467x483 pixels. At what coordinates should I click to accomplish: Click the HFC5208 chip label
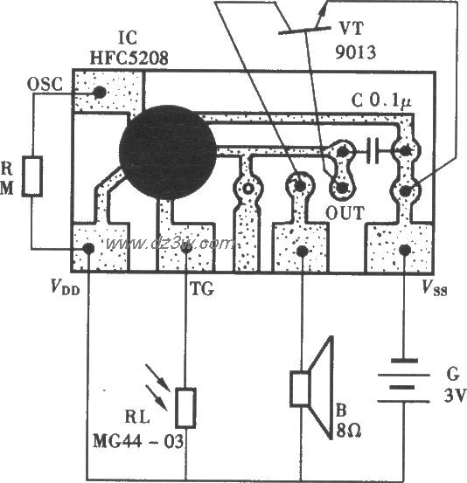point(129,58)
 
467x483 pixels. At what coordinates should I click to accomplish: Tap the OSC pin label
point(45,84)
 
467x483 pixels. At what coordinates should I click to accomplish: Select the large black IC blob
point(168,152)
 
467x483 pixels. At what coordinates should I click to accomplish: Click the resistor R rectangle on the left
point(32,176)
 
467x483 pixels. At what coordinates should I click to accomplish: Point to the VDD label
point(66,288)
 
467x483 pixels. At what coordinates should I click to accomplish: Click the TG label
point(202,289)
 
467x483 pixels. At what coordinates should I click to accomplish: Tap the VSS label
point(435,288)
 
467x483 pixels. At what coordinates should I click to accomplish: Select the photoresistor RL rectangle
point(185,408)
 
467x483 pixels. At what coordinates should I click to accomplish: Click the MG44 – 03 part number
point(138,441)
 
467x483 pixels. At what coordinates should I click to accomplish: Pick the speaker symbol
point(311,388)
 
